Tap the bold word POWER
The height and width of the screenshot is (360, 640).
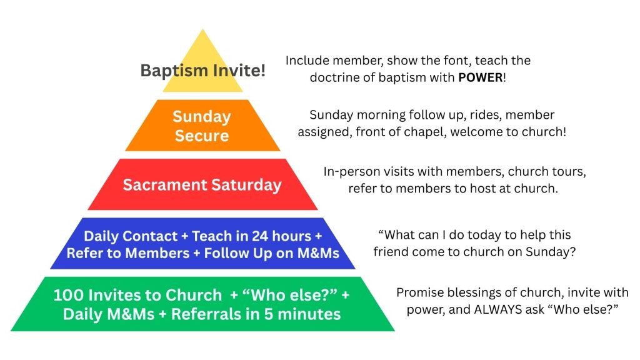pyautogui.click(x=481, y=77)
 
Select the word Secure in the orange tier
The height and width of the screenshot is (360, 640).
pyautogui.click(x=202, y=136)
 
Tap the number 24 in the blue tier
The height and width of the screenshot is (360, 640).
pyautogui.click(x=260, y=236)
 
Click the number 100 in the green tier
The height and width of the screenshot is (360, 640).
pyautogui.click(x=68, y=295)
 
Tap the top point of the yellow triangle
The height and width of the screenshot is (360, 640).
pyautogui.click(x=202, y=29)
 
